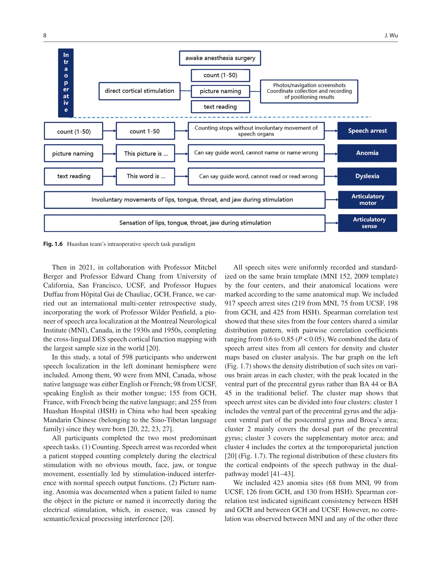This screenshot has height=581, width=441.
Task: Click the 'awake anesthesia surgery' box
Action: click(220, 58)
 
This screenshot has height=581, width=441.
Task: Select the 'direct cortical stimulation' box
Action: click(139, 91)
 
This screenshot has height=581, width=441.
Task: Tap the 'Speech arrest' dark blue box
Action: click(367, 131)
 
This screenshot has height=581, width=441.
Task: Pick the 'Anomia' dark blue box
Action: click(367, 153)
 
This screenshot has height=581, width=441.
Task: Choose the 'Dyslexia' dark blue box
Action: click(367, 176)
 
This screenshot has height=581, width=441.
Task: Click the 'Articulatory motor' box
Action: click(368, 200)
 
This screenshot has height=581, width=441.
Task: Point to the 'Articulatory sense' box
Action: click(368, 223)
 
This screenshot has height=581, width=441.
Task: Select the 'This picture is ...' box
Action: click(146, 153)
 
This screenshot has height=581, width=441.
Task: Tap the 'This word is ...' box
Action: click(146, 176)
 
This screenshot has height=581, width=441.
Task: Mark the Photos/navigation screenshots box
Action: click(309, 91)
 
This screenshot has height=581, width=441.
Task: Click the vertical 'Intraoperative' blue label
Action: click(66, 82)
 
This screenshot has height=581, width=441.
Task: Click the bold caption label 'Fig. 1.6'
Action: click(53, 244)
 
